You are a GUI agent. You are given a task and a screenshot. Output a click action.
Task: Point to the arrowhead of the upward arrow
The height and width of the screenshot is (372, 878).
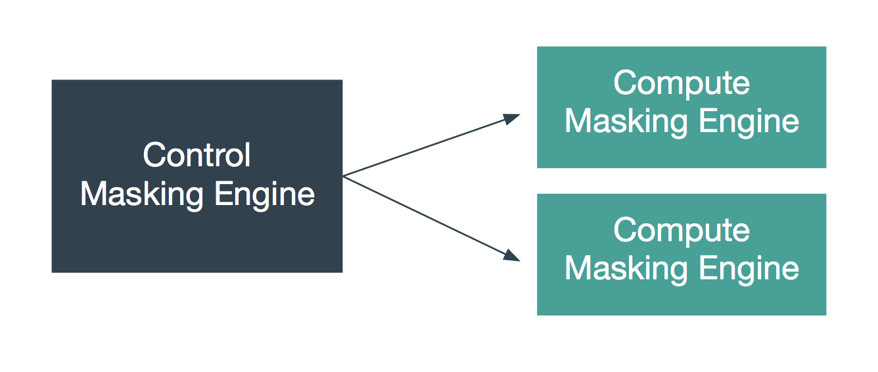tap(512, 118)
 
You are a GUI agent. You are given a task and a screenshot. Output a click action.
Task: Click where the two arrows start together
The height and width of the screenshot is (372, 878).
tap(344, 176)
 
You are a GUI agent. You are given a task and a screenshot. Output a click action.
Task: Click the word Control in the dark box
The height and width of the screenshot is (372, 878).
tap(196, 156)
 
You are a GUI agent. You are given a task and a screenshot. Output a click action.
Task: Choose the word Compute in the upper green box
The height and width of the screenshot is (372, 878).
tap(681, 84)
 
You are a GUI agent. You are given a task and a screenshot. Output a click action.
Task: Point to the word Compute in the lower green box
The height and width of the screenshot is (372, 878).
tap(681, 231)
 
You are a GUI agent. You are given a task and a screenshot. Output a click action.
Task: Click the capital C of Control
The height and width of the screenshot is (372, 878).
tap(153, 156)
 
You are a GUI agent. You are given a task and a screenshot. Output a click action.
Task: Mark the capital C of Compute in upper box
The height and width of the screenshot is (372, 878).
tap(624, 83)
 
